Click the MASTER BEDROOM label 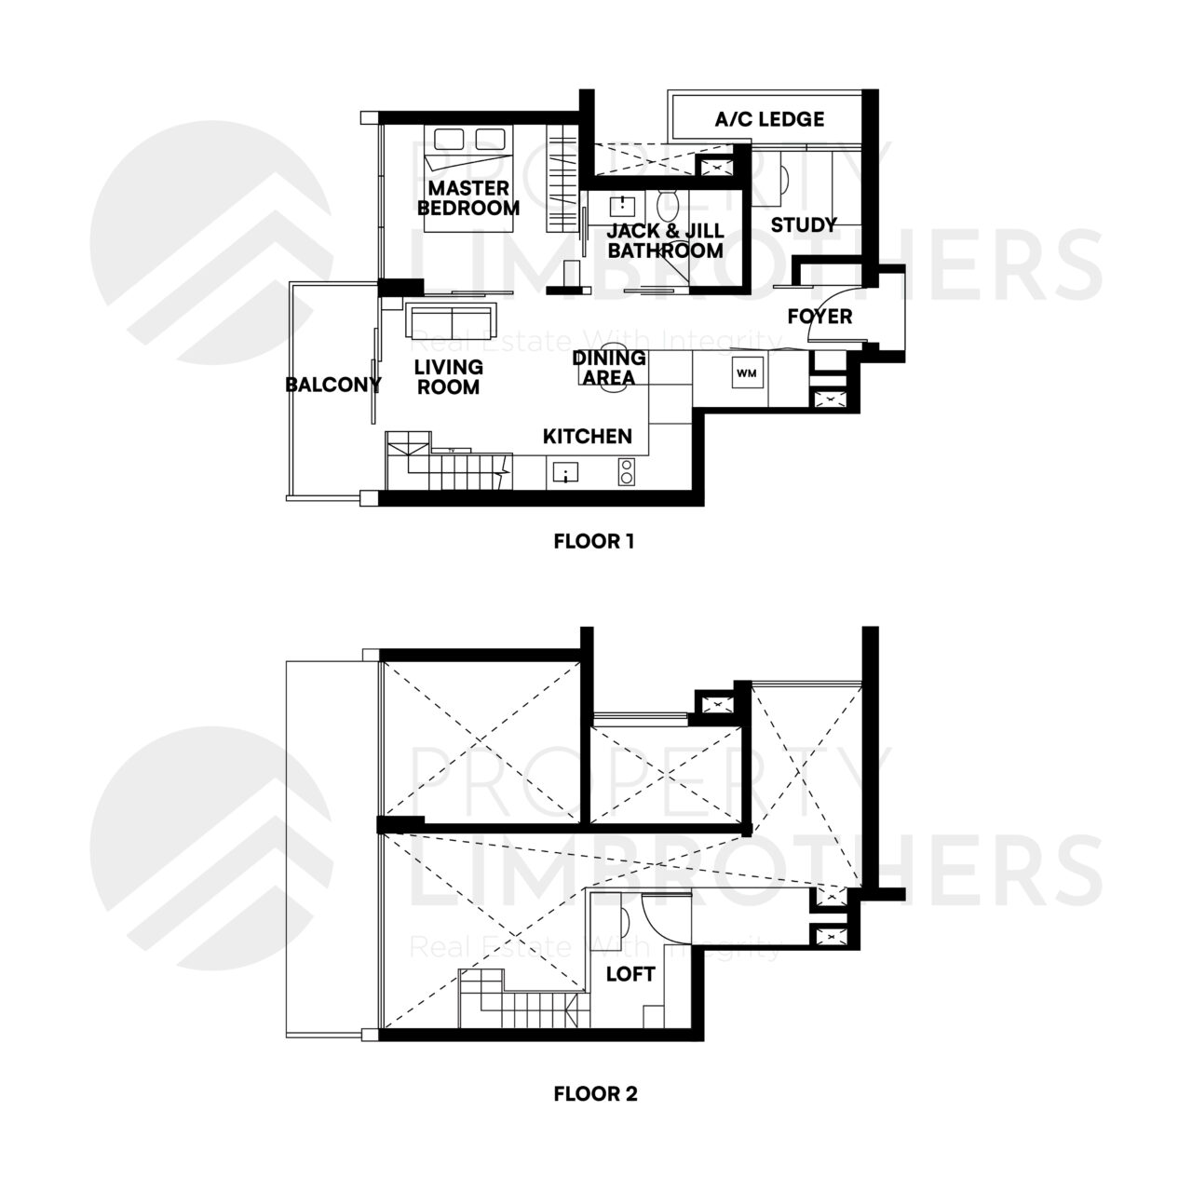(468, 198)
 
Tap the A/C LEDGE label (769, 119)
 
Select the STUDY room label (804, 224)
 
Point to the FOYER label (819, 317)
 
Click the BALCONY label (333, 385)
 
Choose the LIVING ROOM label (449, 377)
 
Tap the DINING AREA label (609, 368)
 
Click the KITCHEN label (588, 436)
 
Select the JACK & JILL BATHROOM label (665, 241)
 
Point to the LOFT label (630, 975)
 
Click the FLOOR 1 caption (593, 541)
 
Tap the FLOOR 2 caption (595, 1093)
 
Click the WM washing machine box (747, 373)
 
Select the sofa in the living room (452, 321)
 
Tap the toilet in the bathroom (667, 205)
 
